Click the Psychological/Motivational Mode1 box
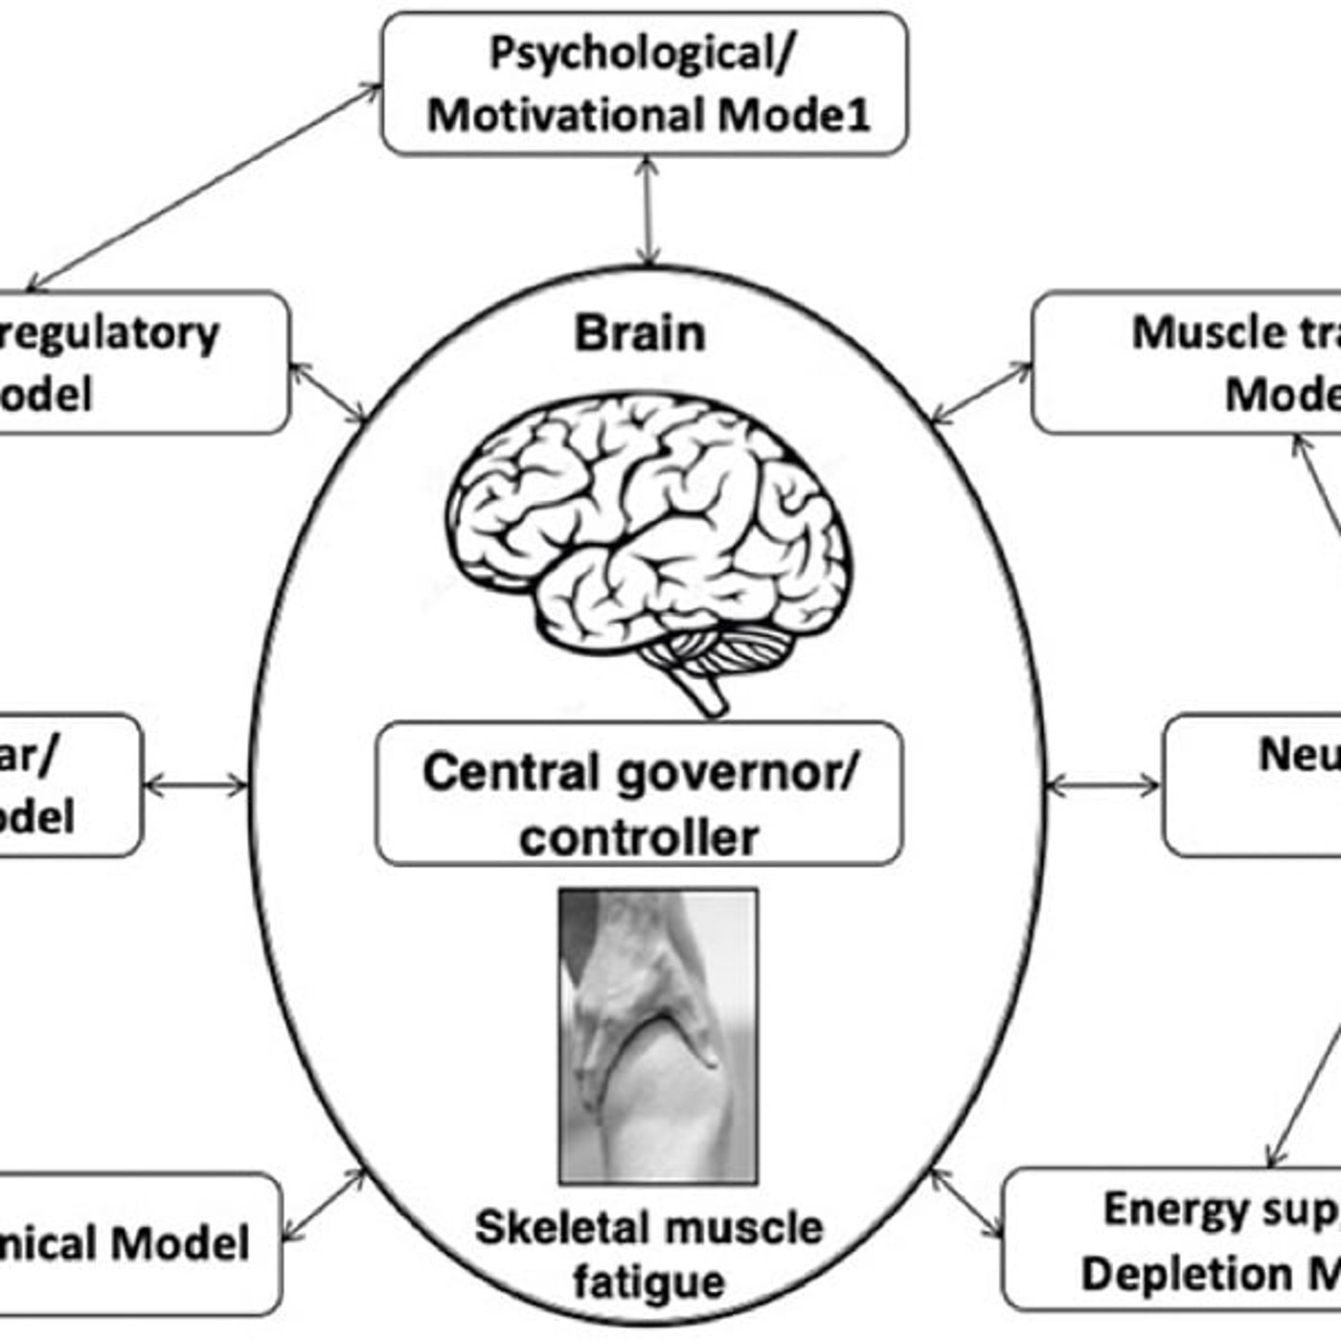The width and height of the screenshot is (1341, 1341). [x=644, y=83]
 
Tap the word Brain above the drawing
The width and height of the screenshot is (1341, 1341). [x=640, y=334]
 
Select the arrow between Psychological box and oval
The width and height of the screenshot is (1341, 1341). [x=649, y=211]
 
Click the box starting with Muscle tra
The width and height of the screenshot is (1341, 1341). [x=1188, y=363]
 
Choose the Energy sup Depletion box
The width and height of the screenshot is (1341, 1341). [x=1173, y=1239]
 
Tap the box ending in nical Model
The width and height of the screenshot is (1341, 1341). [x=134, y=1243]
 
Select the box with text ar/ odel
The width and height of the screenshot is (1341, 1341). [x=67, y=785]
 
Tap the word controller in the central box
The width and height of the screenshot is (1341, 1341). [x=639, y=837]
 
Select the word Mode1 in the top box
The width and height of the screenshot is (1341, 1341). [x=794, y=116]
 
